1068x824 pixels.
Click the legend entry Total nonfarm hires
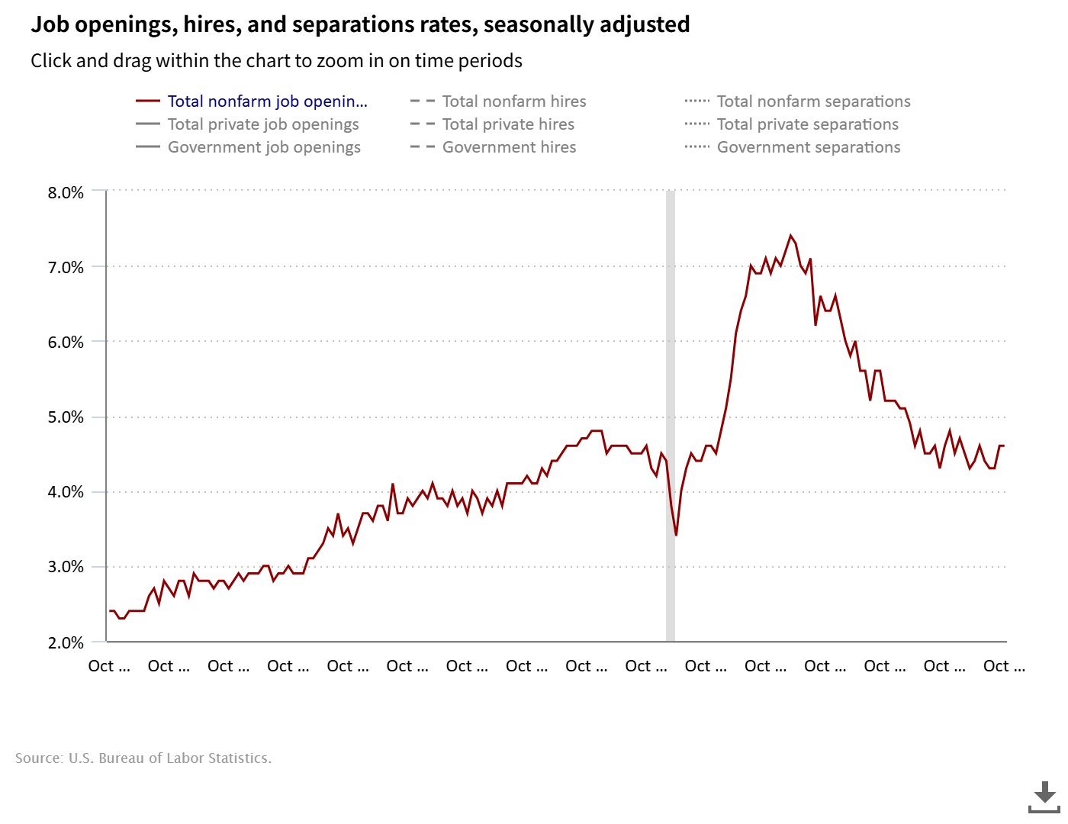coord(513,101)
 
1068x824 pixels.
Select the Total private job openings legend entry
coord(263,124)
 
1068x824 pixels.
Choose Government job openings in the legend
coord(264,147)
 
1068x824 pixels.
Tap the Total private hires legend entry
coord(508,124)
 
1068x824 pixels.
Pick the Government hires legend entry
coord(509,147)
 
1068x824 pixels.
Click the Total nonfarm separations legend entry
coord(813,101)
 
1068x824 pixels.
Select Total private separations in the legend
coord(807,124)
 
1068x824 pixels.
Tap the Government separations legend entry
coord(809,147)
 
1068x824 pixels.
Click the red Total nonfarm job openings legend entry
coord(267,101)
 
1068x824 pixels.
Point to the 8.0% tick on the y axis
coord(66,193)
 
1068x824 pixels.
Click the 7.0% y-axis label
coord(66,268)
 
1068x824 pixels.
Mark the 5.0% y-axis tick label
coord(66,417)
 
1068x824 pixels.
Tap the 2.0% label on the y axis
coord(66,643)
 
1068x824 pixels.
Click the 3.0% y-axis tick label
coord(66,567)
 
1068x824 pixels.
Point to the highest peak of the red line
coord(790,236)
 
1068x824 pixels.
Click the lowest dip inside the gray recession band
coord(676,535)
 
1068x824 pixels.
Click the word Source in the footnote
coord(38,758)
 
